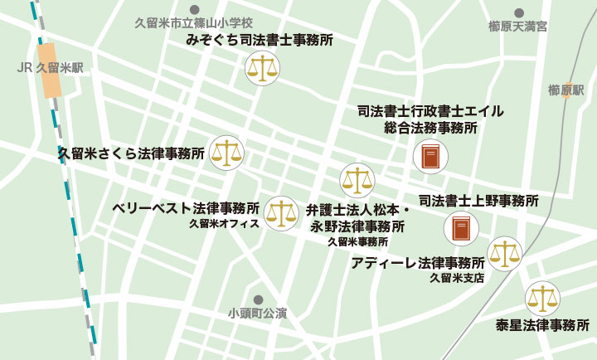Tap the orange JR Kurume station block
coord(51,71)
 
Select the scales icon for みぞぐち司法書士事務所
coord(263,68)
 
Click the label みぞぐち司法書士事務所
coord(260,40)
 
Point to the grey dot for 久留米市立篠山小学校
coord(193,10)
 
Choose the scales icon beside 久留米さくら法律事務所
coord(226,153)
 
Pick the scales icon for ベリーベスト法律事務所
coord(280,213)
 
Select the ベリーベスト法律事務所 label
coord(186,207)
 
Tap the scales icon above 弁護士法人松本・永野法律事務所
coord(357,180)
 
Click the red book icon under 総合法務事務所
coord(430,157)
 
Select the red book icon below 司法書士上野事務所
coord(461,229)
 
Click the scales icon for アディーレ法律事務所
coord(504,254)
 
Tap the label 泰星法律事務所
coord(542,325)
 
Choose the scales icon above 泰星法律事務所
coord(542,298)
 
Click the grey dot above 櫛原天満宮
coord(518,12)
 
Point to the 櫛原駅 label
coord(566,90)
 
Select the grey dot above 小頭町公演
coord(258,299)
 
